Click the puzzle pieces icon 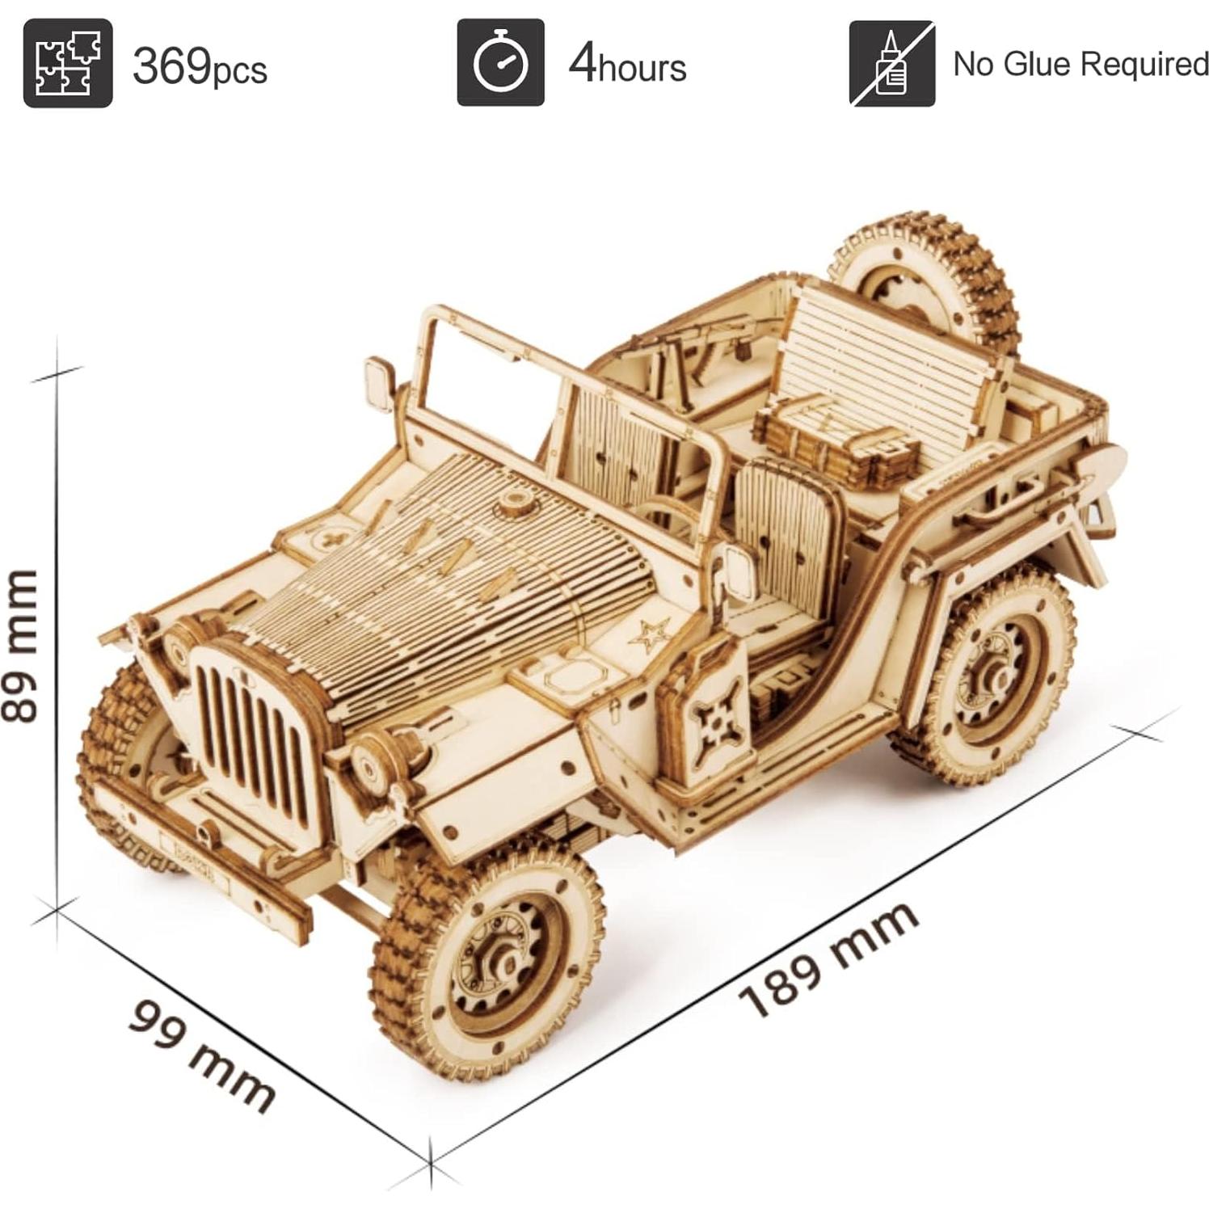[x=67, y=63]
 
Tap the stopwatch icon [x=500, y=63]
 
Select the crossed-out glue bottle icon [x=891, y=63]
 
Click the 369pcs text [x=200, y=66]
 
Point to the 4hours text [x=627, y=65]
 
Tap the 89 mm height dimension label [x=22, y=645]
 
